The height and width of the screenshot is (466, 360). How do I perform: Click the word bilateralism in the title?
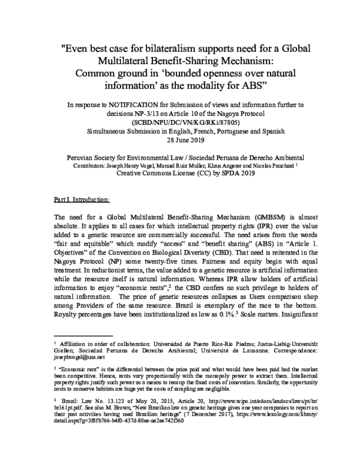180,47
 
